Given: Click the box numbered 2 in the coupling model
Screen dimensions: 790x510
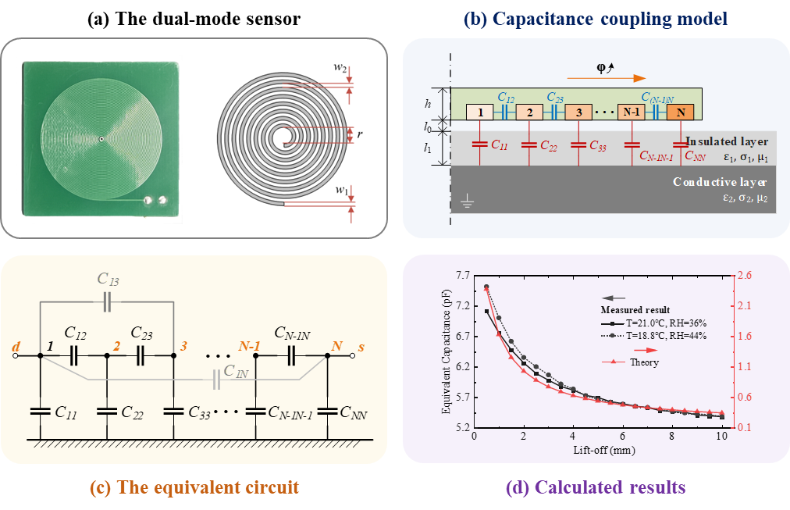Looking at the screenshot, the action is click(x=529, y=112).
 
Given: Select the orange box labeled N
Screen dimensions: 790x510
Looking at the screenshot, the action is click(x=681, y=112).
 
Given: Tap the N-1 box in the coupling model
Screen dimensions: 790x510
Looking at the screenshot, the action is click(x=632, y=112).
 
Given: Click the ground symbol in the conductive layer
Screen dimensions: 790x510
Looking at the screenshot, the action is click(x=467, y=203).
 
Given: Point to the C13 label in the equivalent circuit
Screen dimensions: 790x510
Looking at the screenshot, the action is click(x=108, y=279).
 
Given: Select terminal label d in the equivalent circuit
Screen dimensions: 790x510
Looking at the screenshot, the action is click(x=16, y=347).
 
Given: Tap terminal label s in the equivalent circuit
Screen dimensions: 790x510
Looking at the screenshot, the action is click(x=361, y=348).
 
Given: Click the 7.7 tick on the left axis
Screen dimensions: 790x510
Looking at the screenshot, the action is click(x=462, y=276).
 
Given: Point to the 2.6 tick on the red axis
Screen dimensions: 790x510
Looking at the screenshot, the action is click(x=744, y=275).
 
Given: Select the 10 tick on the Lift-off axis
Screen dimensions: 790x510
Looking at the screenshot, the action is click(x=722, y=436).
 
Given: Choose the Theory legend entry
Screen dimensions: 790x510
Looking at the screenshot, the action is click(x=630, y=362).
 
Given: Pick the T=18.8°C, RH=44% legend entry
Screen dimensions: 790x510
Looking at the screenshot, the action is click(x=653, y=336).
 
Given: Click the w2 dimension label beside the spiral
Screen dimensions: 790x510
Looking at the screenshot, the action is click(x=340, y=67).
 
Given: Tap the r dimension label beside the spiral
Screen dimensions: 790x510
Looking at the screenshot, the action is click(x=360, y=134).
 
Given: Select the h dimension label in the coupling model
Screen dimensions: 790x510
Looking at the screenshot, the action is click(x=428, y=104).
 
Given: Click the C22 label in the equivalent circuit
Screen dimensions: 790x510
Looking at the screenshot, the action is click(x=133, y=412).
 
